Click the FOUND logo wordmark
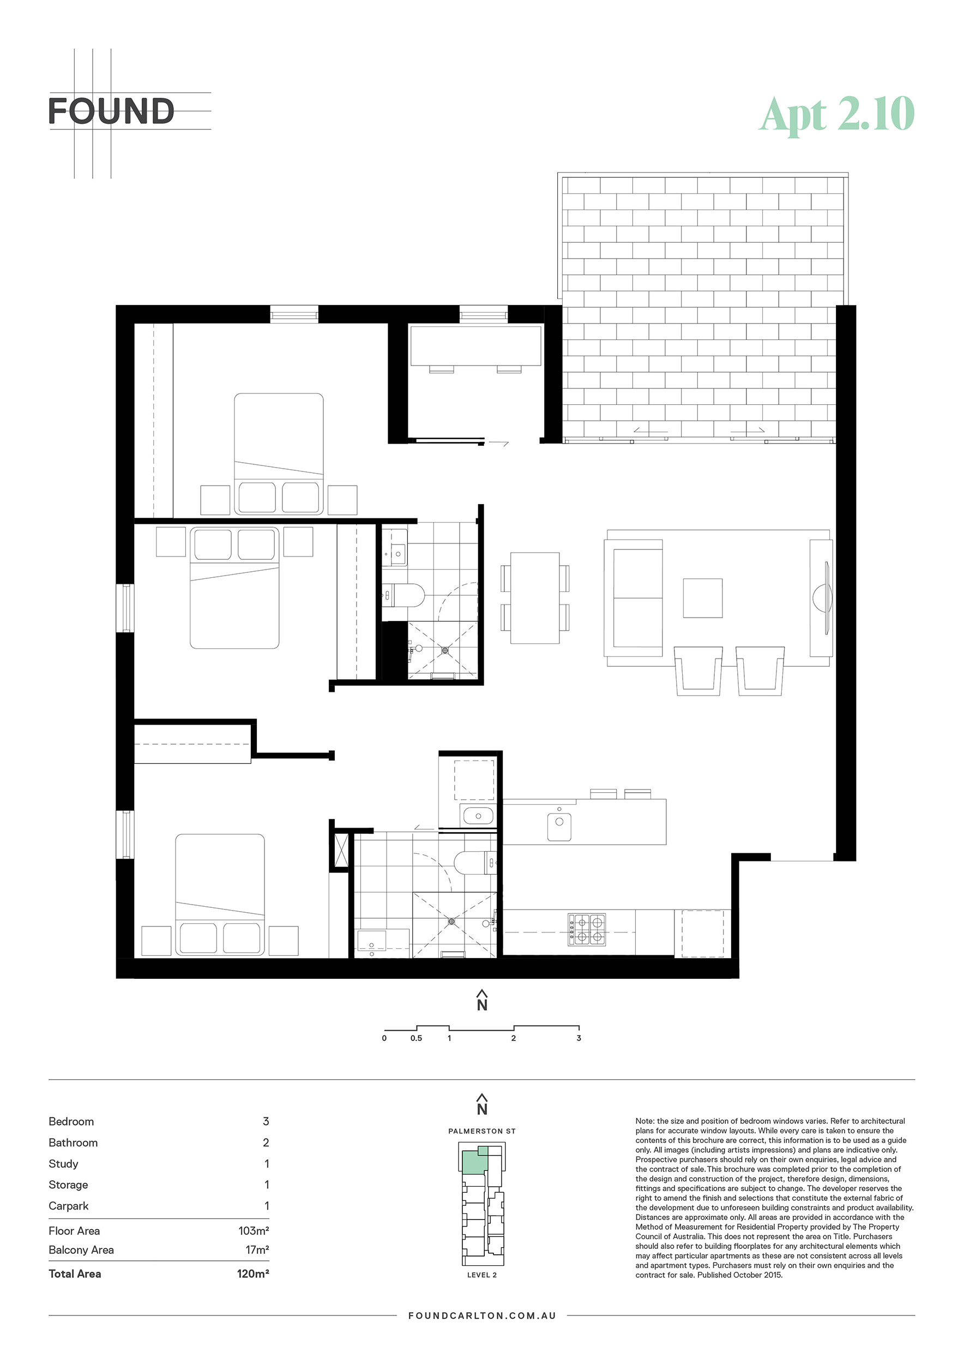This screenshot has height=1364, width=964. (111, 111)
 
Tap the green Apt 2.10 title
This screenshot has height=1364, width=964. (837, 114)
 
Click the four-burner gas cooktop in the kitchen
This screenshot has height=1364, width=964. (587, 930)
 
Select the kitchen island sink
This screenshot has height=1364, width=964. (558, 827)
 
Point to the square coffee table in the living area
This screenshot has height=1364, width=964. (702, 598)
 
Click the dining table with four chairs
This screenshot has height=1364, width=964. (535, 597)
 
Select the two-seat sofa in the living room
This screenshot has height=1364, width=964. (634, 597)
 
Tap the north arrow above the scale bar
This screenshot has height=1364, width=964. (482, 1001)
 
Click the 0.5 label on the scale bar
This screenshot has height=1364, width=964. (416, 1038)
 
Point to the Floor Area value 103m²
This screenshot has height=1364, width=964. (254, 1231)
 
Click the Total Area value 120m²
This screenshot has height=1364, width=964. (253, 1273)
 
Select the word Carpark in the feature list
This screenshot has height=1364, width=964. (68, 1206)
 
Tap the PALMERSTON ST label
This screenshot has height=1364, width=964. (482, 1131)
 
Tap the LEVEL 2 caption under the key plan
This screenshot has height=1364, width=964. (482, 1275)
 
